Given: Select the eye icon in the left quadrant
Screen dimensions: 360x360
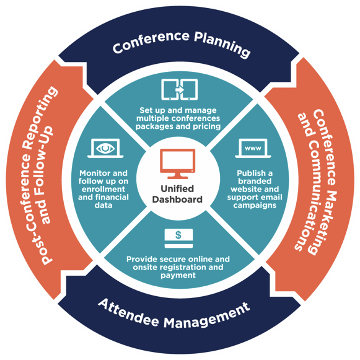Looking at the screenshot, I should (x=104, y=148).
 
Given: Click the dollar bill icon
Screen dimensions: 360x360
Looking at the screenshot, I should (x=180, y=235).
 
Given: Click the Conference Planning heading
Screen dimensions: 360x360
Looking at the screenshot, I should (x=180, y=46).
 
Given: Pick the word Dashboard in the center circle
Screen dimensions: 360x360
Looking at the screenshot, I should (x=180, y=200).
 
